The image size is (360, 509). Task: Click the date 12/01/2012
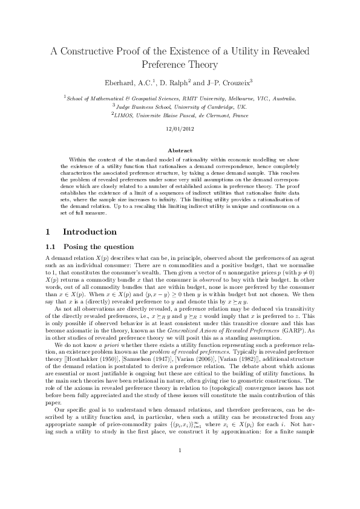[179, 129]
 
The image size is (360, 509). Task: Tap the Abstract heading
[180, 149]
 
